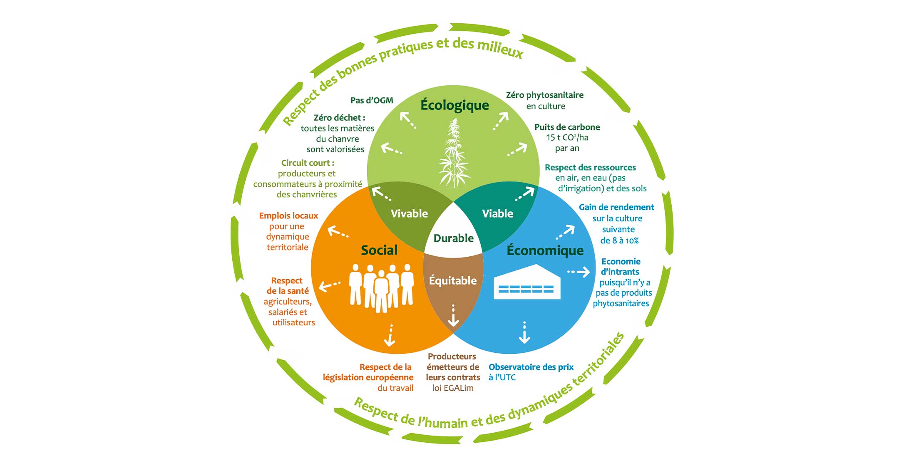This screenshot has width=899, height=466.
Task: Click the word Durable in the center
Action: [453, 238]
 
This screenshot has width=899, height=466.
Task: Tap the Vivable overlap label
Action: [409, 213]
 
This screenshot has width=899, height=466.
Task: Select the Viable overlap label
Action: [497, 213]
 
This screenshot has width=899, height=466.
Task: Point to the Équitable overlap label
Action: [453, 280]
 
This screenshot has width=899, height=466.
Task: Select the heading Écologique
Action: [454, 105]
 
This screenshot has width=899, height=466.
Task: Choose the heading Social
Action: [379, 250]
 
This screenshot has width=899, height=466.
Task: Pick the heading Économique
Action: [545, 250]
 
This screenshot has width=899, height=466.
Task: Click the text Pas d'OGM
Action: [372, 100]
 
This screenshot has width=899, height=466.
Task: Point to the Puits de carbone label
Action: [567, 127]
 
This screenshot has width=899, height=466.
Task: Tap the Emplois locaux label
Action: [288, 216]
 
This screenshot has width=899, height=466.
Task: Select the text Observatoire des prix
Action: [531, 367]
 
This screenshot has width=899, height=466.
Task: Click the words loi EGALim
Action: [453, 388]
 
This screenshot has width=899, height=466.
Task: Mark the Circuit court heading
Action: [308, 163]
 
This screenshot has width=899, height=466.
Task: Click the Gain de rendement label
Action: [616, 207]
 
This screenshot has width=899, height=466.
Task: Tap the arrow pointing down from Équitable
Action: [453, 316]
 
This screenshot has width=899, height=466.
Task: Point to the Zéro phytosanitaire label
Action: [544, 95]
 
